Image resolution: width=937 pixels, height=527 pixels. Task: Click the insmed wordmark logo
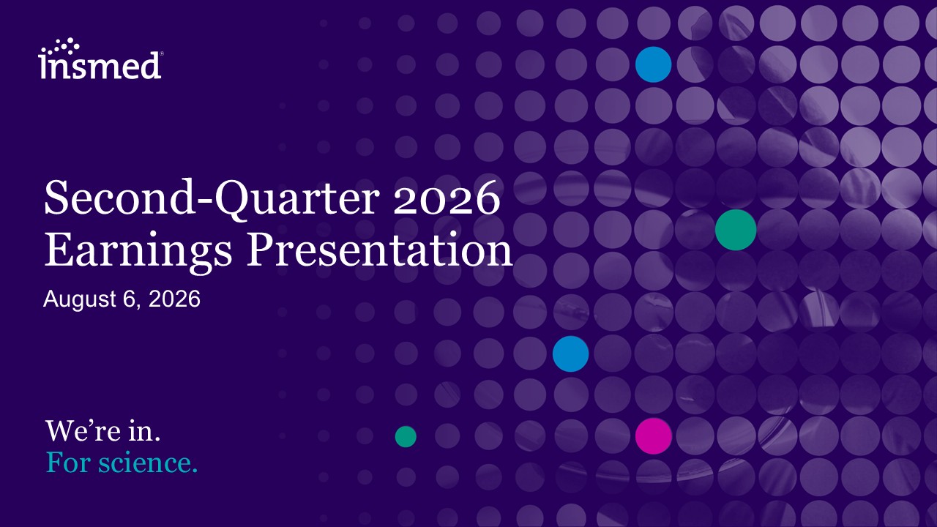coord(100,59)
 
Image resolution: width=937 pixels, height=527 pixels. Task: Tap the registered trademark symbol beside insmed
coord(162,53)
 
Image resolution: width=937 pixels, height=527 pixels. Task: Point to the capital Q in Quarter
coord(233,200)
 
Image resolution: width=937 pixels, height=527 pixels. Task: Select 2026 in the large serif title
coord(447,198)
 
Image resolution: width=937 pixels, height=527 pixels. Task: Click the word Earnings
coord(138,251)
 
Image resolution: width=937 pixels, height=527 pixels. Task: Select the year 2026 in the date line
coord(174,299)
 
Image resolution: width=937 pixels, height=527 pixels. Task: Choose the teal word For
coord(68,463)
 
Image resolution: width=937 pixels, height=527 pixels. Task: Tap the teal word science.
coord(148,463)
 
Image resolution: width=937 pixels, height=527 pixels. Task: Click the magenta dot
coord(654,436)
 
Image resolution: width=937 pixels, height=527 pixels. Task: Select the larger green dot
coord(736,230)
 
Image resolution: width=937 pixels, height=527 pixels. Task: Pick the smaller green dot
coord(406,437)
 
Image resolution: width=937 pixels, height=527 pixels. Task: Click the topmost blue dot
coord(654,64)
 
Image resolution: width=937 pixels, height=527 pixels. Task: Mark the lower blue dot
coord(570,354)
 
